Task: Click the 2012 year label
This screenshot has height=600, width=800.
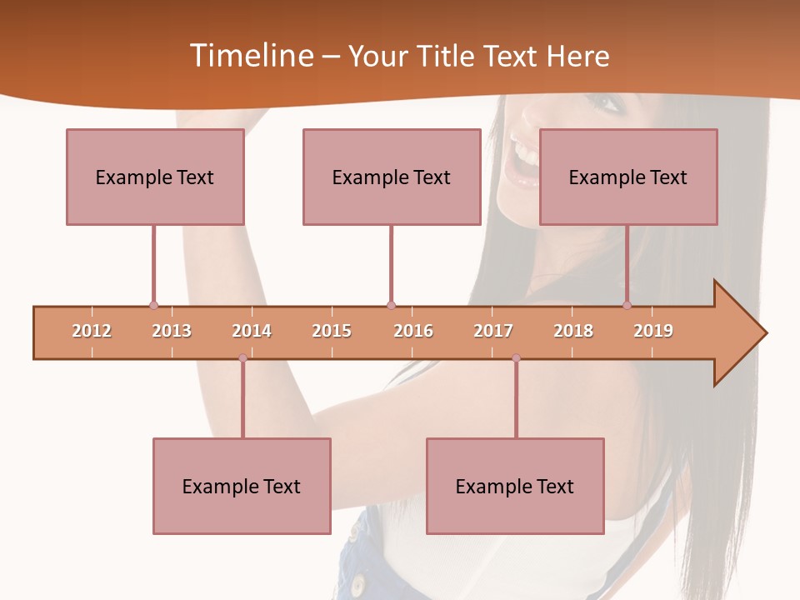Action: [x=92, y=332]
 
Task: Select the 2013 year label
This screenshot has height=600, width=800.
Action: [x=172, y=332]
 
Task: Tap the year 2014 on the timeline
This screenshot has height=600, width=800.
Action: [x=252, y=332]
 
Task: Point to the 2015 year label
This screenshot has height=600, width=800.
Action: [x=332, y=332]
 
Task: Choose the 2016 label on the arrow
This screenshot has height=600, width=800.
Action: [x=413, y=332]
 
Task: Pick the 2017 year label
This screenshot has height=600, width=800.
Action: [x=493, y=332]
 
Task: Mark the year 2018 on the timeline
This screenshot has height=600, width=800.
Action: [x=573, y=332]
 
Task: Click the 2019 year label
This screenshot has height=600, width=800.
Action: [x=653, y=332]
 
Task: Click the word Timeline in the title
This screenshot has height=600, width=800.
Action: [x=252, y=56]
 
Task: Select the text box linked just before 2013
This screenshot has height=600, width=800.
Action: [x=155, y=177]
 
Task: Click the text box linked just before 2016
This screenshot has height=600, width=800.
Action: [x=392, y=177]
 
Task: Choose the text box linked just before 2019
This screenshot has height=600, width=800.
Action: [x=628, y=177]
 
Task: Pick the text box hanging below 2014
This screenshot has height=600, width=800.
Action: [x=242, y=486]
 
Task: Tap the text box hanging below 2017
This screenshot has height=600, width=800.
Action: [x=515, y=486]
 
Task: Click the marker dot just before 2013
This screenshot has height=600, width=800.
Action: [x=153, y=306]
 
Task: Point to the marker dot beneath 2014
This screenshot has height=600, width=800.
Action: [x=242, y=358]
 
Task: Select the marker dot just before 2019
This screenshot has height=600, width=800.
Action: [x=627, y=306]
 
